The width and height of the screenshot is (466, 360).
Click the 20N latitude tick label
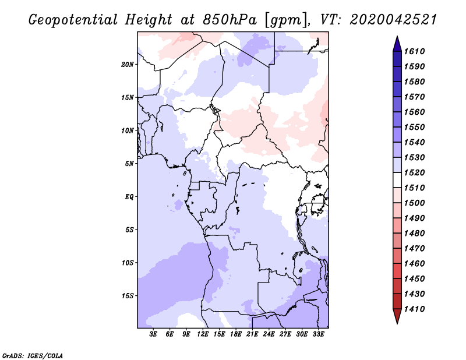pyautogui.click(x=128, y=65)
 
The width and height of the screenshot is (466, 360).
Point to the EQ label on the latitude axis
pyautogui.click(x=129, y=197)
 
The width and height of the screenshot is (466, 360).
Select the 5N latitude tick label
pyautogui.click(x=129, y=164)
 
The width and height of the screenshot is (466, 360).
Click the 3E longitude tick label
pyautogui.click(x=153, y=334)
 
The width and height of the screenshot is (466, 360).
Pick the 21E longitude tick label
pyautogui.click(x=252, y=334)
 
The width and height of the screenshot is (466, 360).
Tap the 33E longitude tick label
pyautogui.click(x=318, y=334)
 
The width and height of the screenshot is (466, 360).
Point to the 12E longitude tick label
pyautogui.click(x=203, y=334)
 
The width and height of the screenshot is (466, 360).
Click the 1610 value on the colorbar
pyautogui.click(x=415, y=51)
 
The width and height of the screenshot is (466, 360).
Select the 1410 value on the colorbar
pyautogui.click(x=415, y=309)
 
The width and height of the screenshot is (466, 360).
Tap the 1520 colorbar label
pyautogui.click(x=415, y=172)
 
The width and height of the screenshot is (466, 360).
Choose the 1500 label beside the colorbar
pyautogui.click(x=415, y=203)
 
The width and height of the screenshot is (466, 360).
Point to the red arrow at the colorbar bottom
pyautogui.click(x=397, y=315)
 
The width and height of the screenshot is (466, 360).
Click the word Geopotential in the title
pyautogui.click(x=73, y=20)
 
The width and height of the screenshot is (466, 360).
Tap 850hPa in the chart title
pyautogui.click(x=230, y=20)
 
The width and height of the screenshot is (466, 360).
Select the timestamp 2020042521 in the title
pyautogui.click(x=393, y=20)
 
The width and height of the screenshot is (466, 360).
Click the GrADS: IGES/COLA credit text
pyautogui.click(x=33, y=356)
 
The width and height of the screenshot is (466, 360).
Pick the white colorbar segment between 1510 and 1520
pyautogui.click(x=397, y=180)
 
